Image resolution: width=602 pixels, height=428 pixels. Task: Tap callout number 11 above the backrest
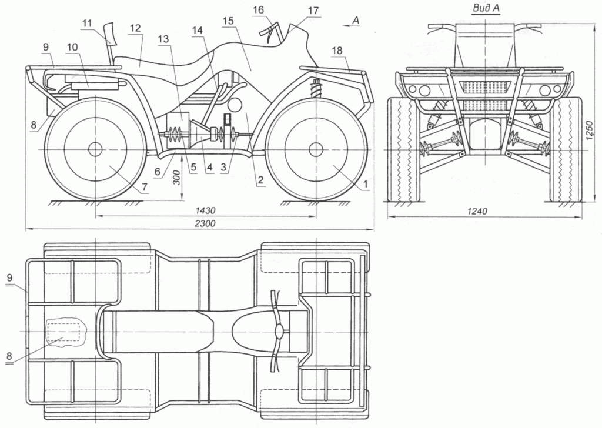[87, 23]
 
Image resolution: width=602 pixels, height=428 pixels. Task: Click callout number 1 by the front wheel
[365, 185]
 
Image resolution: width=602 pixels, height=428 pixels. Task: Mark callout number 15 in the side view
[229, 21]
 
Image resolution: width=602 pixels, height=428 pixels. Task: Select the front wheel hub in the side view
[316, 149]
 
